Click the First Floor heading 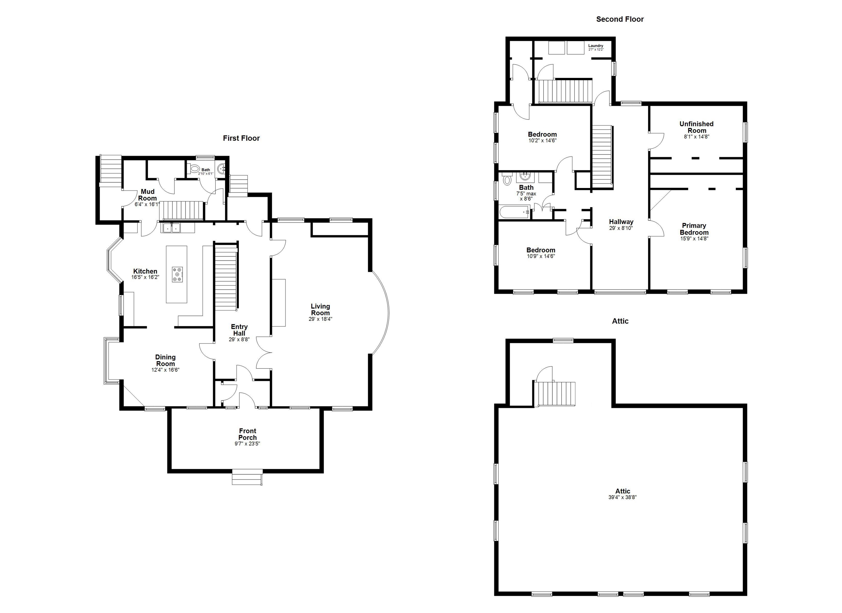(241, 138)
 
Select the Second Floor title (620, 19)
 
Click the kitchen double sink (171, 227)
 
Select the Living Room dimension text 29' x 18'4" (320, 319)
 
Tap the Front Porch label (247, 434)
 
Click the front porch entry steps (247, 477)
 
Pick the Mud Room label (147, 195)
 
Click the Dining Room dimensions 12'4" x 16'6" (165, 370)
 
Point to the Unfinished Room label (696, 127)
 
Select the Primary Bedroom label (694, 229)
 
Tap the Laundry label (596, 46)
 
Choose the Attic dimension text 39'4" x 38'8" (622, 497)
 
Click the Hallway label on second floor (621, 222)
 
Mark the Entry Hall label (239, 330)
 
